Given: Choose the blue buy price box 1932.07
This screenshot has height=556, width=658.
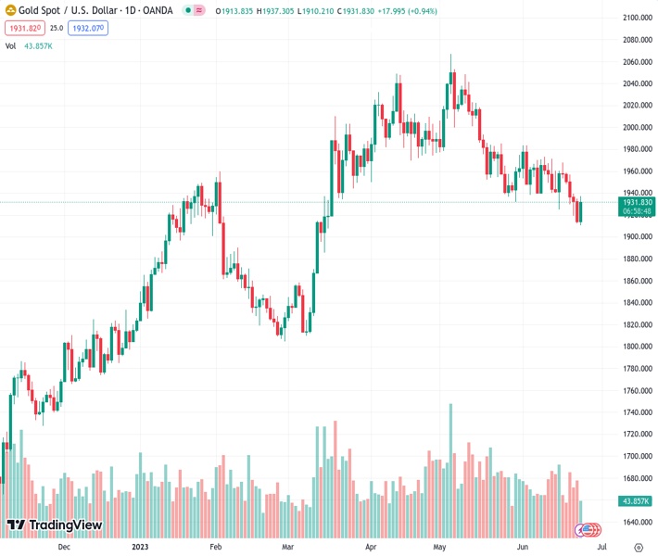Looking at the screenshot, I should pyautogui.click(x=88, y=29).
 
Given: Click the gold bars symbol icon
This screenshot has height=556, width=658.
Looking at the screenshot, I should pyautogui.click(x=11, y=11).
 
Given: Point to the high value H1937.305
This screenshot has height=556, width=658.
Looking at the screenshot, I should pyautogui.click(x=265, y=11).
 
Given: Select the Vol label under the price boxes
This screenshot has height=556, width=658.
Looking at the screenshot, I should pyautogui.click(x=10, y=45).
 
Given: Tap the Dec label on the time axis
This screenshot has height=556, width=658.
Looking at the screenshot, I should pyautogui.click(x=64, y=547).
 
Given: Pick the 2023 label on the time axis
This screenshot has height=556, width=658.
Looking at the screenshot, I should pyautogui.click(x=140, y=547).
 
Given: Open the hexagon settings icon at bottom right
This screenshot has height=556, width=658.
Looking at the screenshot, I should pyautogui.click(x=639, y=547).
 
